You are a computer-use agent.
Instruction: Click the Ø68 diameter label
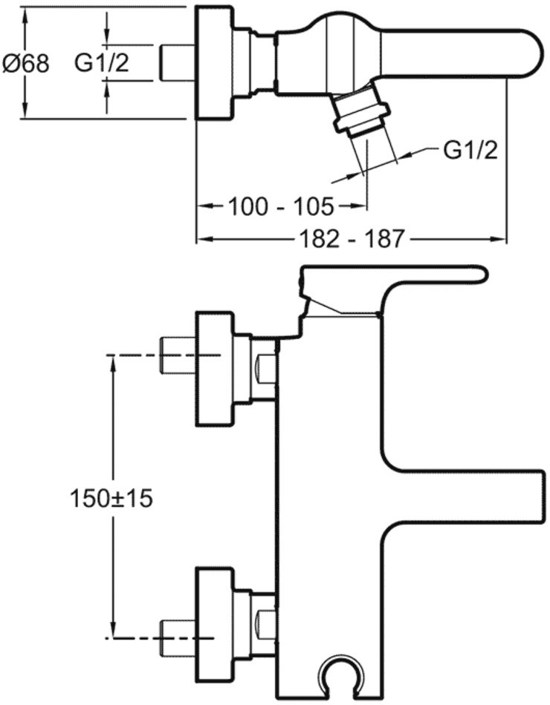pyautogui.click(x=26, y=63)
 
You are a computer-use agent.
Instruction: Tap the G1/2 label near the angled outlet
pyautogui.click(x=470, y=150)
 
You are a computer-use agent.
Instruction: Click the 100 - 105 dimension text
pyautogui.click(x=281, y=206)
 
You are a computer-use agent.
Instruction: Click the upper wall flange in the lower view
pyautogui.click(x=214, y=369)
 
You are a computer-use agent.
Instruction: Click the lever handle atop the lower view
pyautogui.click(x=394, y=276)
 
